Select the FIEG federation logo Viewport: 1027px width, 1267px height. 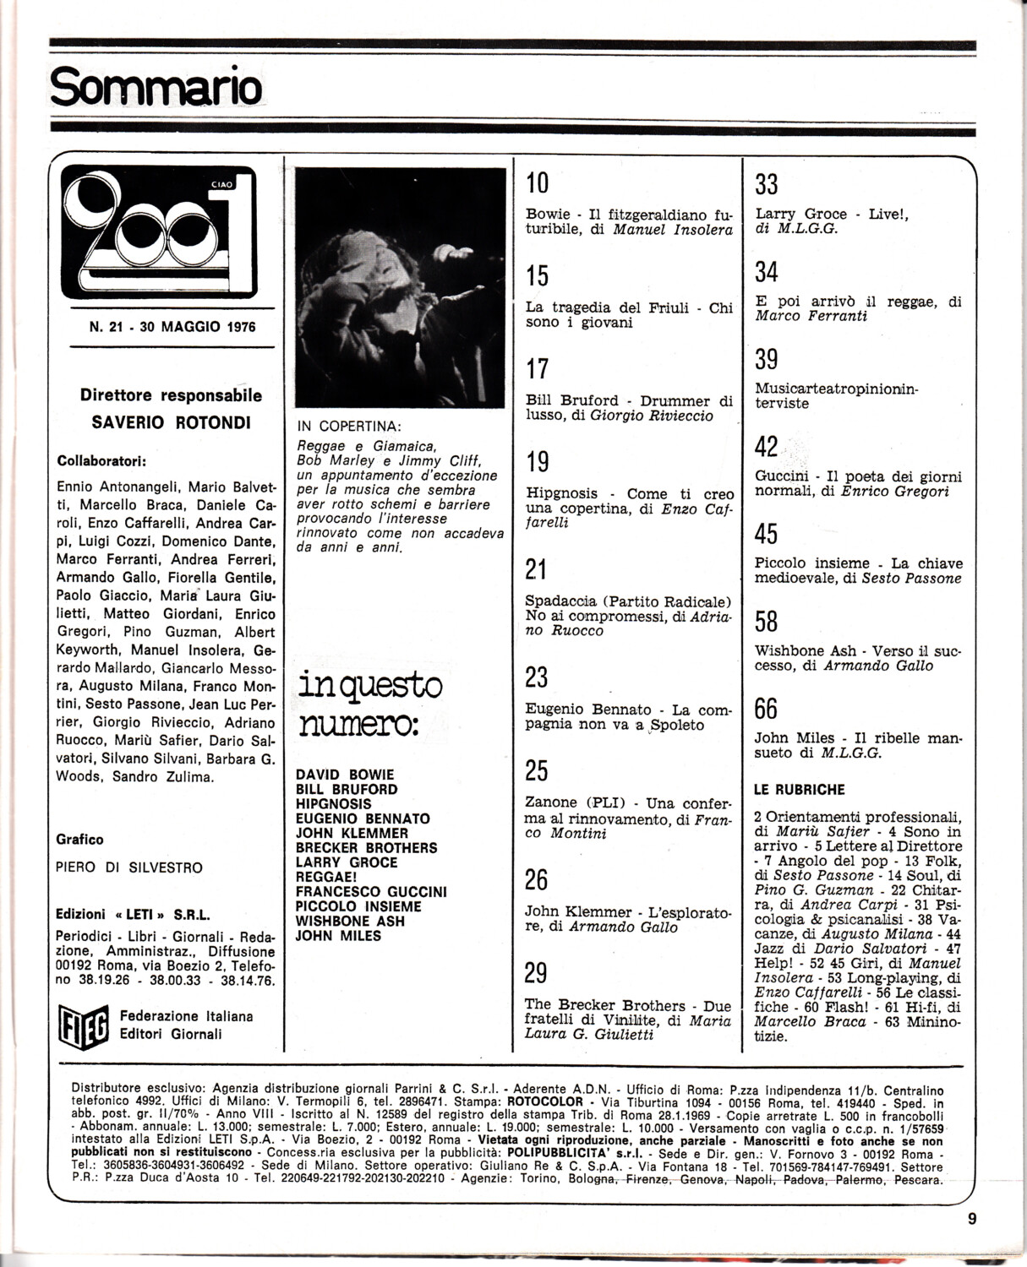tap(83, 1025)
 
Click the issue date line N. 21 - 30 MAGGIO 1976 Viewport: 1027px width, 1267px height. tap(172, 327)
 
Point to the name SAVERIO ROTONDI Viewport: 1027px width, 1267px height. tap(171, 422)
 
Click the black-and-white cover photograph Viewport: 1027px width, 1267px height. tap(400, 288)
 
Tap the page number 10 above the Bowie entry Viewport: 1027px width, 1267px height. tap(538, 182)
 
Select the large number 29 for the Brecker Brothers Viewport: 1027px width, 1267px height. tap(536, 973)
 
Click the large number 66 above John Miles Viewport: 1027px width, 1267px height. tap(766, 708)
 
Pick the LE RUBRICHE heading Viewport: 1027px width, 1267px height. tap(799, 790)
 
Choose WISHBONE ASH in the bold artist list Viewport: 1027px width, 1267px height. tap(350, 921)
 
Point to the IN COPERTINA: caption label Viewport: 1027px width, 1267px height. tap(349, 427)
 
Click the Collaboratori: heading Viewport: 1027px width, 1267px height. tap(101, 461)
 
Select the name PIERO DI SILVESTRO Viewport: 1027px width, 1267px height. tap(128, 867)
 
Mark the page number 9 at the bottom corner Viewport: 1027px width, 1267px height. tap(972, 1218)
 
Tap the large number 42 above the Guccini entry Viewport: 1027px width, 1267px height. tap(766, 447)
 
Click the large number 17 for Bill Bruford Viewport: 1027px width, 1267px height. tap(537, 368)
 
